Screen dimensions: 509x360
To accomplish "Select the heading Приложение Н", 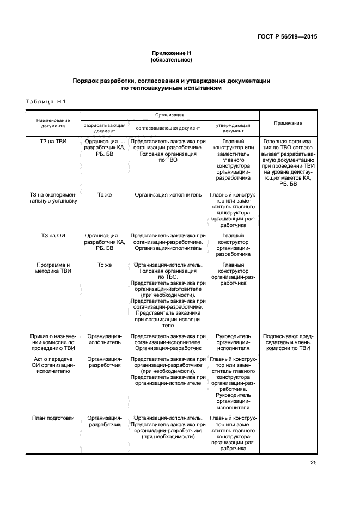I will pyautogui.click(x=172, y=53).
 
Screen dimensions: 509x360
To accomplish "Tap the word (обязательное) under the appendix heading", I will pyautogui.click(x=172, y=59).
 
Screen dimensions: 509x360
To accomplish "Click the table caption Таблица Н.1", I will pyautogui.click(x=45, y=101).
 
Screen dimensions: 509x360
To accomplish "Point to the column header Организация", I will pyautogui.click(x=169, y=115).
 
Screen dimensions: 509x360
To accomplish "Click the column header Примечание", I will pyautogui.click(x=288, y=123).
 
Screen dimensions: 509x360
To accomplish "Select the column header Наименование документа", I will pyautogui.click(x=53, y=123).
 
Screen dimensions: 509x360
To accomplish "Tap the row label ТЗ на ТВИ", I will pyautogui.click(x=53, y=141).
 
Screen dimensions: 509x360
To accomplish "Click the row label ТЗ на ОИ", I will pyautogui.click(x=53, y=236).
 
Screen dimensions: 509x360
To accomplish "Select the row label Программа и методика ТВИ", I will pyautogui.click(x=53, y=268).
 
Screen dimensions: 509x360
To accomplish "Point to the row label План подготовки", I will pyautogui.click(x=53, y=418).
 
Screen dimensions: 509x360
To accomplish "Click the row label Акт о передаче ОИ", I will pyautogui.click(x=53, y=363).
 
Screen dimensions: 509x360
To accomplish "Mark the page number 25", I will pyautogui.click(x=313, y=463).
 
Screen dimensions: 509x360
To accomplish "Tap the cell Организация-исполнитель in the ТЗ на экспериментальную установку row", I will pyautogui.click(x=168, y=194).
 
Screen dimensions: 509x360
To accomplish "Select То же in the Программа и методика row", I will pyautogui.click(x=104, y=265).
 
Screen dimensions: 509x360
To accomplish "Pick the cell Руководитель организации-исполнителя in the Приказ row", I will pyautogui.click(x=233, y=342).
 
